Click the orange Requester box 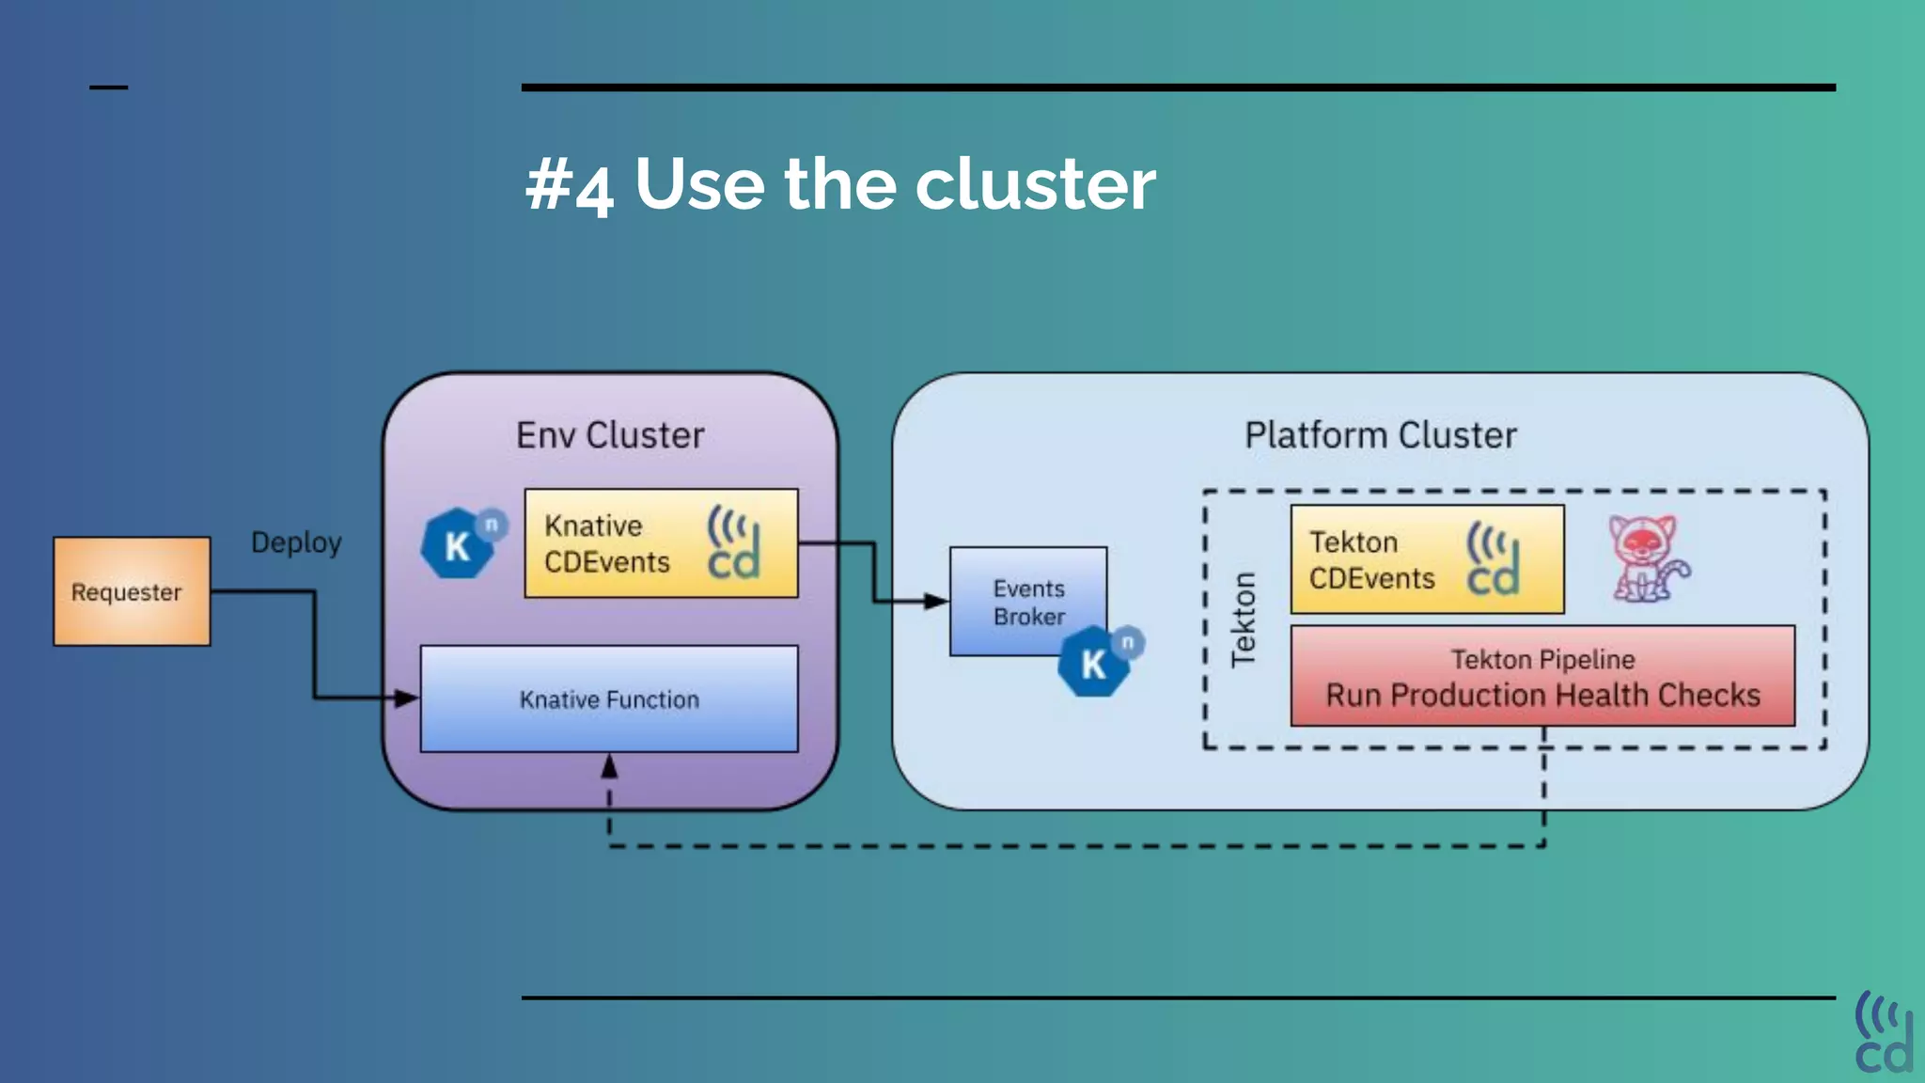[132, 591]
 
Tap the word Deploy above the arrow [296, 542]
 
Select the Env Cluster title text [610, 435]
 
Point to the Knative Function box [609, 698]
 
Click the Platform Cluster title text [1380, 435]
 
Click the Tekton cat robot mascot [1647, 558]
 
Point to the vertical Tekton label [1243, 620]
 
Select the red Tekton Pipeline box [1542, 677]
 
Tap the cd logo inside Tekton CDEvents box [1493, 560]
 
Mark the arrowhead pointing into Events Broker [936, 601]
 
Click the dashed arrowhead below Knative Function [609, 767]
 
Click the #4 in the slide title [570, 185]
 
